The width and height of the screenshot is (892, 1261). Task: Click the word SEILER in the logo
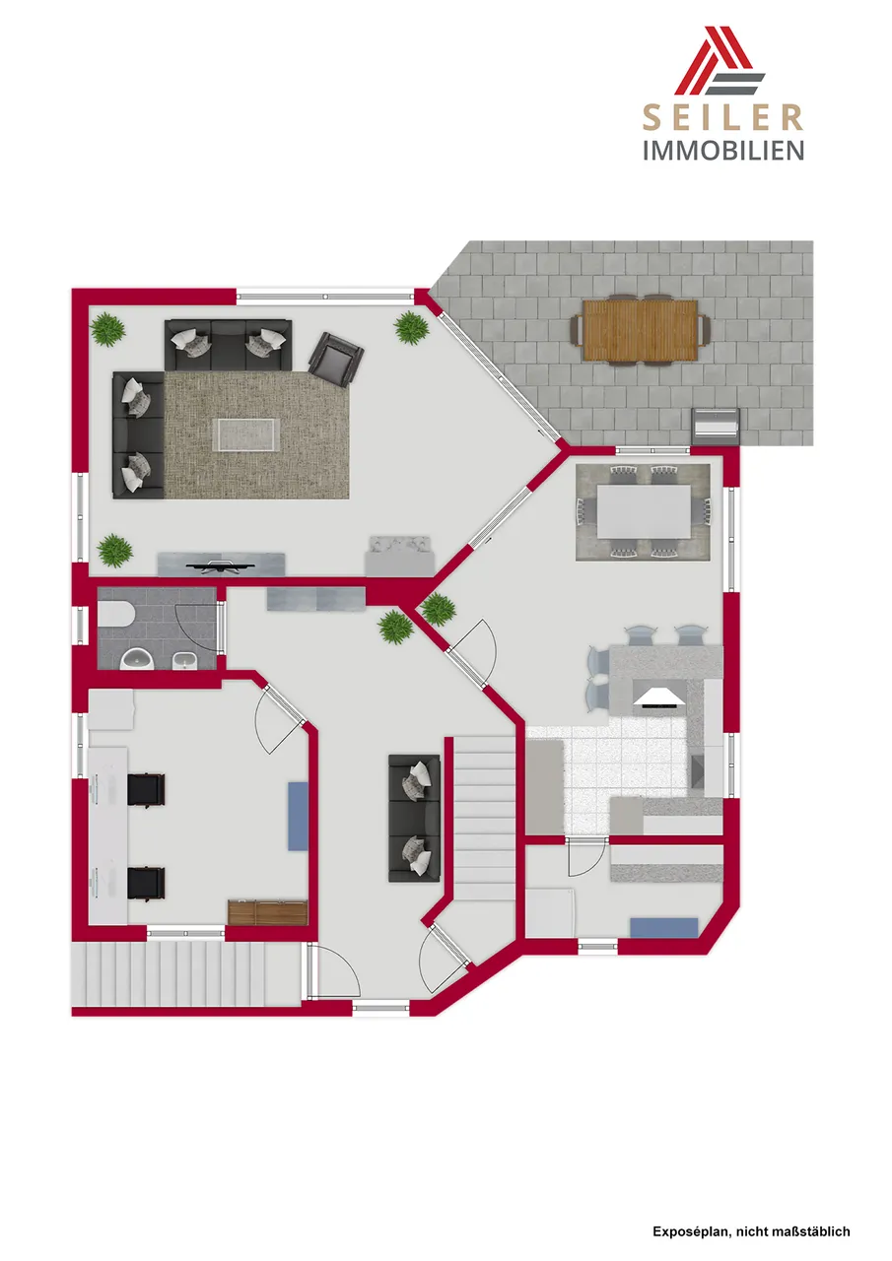[x=723, y=117]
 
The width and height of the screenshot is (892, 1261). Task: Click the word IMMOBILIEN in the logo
[x=723, y=151]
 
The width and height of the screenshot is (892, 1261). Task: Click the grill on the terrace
[x=715, y=423]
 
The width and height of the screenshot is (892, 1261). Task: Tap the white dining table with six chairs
[x=644, y=511]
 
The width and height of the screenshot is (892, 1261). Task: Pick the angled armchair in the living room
[x=336, y=360]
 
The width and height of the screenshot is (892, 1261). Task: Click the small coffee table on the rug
[x=245, y=435]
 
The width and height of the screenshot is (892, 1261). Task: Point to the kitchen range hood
[x=657, y=698]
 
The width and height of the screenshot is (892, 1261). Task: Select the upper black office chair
[x=146, y=790]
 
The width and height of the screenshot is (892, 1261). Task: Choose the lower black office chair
[x=146, y=884]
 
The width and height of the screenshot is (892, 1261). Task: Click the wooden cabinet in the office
[x=268, y=912]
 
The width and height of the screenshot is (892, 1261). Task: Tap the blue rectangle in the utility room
[x=664, y=927]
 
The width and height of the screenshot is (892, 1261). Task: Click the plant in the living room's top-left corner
[x=107, y=329]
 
